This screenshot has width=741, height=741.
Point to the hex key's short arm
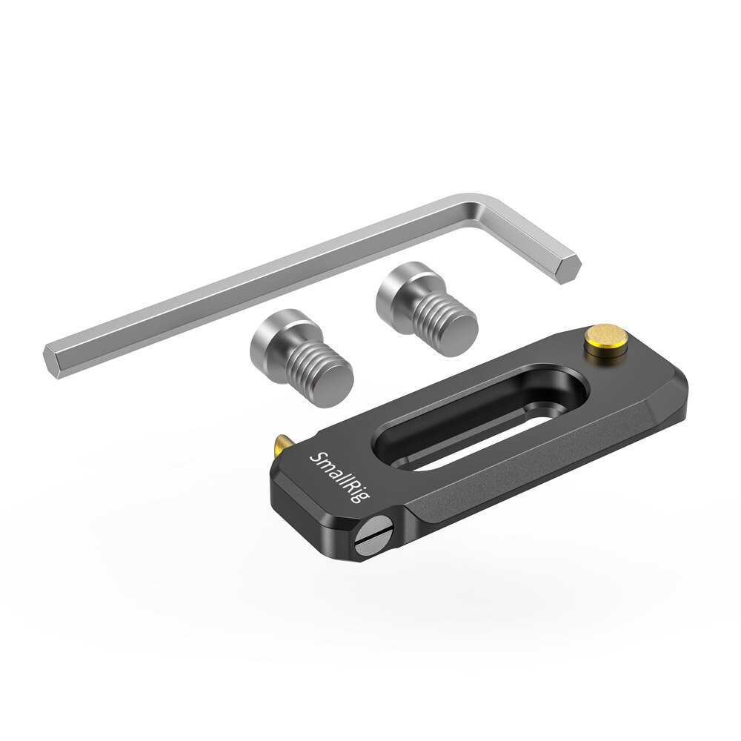(x=522, y=237)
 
